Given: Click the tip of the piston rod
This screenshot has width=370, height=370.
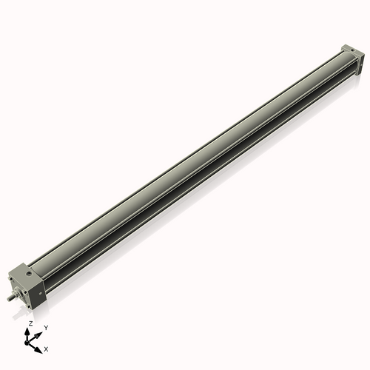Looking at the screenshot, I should point(8,300).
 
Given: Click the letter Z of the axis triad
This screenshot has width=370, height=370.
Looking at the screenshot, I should point(30,324).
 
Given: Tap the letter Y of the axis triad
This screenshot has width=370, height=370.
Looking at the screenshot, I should point(46,327).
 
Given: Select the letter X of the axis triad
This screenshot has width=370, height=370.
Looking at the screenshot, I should point(47,348).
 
